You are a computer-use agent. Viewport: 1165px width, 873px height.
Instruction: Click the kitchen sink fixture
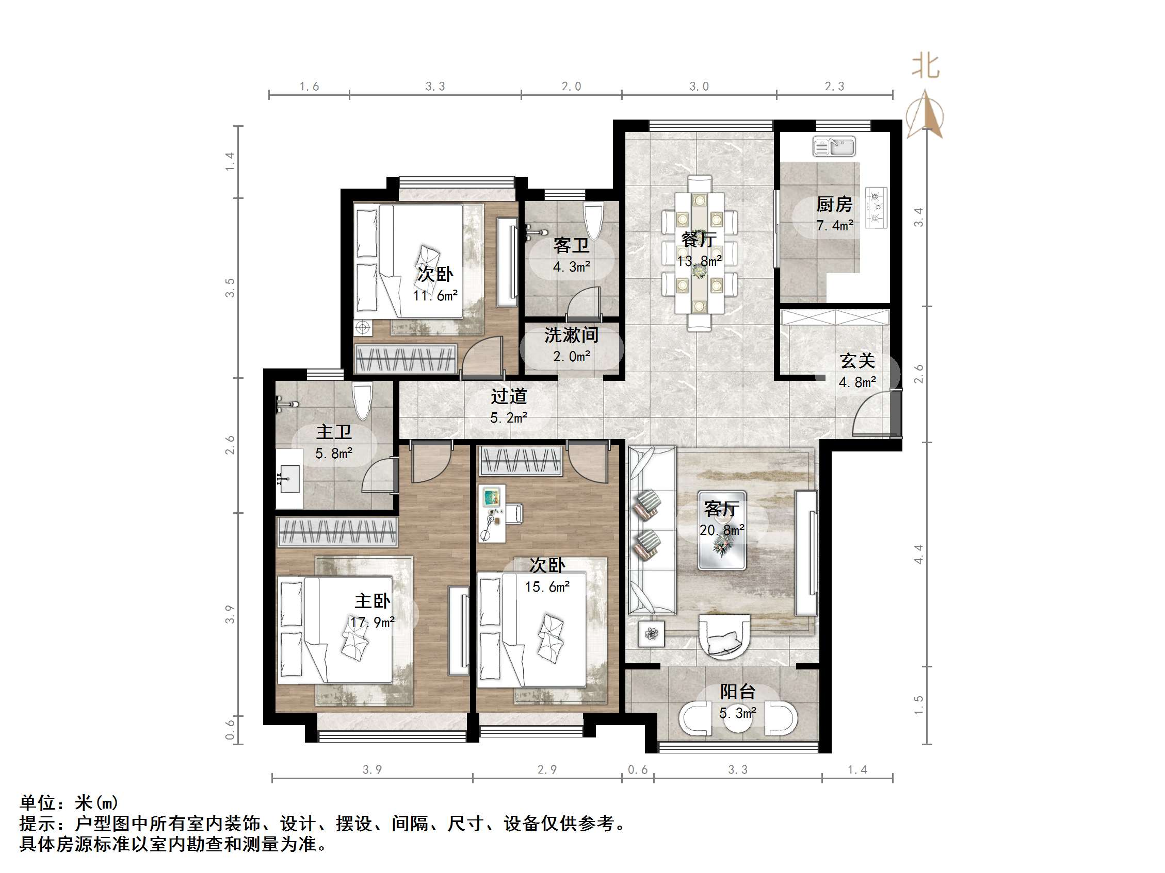[834, 146]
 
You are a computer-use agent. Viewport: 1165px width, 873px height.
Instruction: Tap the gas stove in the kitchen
[876, 208]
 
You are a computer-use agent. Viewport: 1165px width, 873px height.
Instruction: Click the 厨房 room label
[834, 204]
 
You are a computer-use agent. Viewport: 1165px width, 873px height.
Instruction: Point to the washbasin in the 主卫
[288, 479]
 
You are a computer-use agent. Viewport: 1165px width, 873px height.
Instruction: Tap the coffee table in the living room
[721, 530]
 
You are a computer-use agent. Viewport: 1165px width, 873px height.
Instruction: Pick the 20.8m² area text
[722, 530]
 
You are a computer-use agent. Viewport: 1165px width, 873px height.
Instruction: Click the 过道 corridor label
[509, 396]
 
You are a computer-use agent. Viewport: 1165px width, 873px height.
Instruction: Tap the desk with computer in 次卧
[493, 513]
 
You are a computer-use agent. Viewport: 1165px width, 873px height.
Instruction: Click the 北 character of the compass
[926, 67]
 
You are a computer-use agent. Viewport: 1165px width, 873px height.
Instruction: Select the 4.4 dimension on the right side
[918, 554]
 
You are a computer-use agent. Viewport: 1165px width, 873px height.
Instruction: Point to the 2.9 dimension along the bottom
[547, 770]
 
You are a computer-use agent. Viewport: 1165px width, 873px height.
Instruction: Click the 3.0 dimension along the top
[699, 86]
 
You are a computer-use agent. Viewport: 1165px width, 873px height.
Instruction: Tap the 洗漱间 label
[571, 335]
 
